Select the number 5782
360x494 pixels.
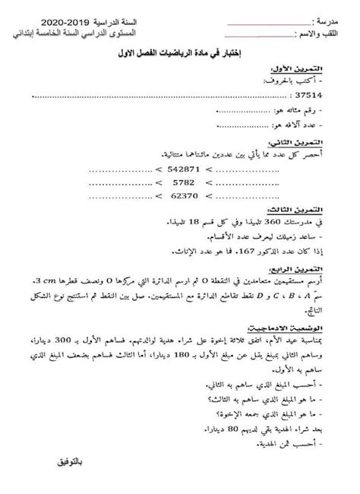coord(183,205)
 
